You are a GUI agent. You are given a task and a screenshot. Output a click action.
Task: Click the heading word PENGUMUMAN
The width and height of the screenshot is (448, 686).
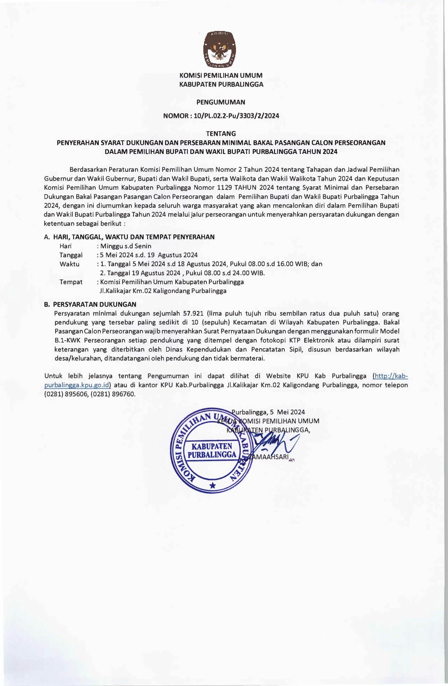point(221,102)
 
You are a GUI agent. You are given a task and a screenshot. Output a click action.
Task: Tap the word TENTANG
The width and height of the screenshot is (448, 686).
point(221,134)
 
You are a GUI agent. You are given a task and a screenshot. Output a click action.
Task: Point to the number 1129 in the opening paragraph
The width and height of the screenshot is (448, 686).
point(224,188)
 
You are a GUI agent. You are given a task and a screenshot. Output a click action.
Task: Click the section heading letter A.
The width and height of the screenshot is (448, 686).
point(47,237)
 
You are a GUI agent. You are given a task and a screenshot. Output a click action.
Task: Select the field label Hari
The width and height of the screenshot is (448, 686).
point(65,246)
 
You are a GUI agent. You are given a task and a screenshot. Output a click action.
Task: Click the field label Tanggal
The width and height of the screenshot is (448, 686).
point(71,255)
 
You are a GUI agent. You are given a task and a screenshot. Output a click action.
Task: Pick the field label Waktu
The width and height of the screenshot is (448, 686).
point(69,264)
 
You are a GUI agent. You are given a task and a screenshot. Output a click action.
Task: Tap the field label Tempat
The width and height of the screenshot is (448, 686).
point(71,282)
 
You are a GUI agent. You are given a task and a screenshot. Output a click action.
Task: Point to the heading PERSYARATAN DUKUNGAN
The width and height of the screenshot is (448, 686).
point(95,304)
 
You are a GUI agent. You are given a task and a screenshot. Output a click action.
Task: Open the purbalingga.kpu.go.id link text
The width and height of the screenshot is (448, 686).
point(77,385)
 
